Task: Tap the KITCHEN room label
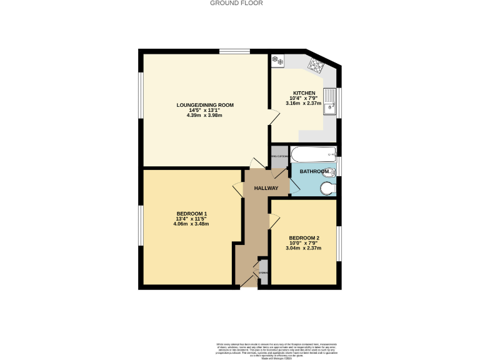304,93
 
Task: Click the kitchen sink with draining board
334,102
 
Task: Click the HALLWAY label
266,188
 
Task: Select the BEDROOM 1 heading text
191,214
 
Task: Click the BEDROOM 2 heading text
304,238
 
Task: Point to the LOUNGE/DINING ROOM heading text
205,105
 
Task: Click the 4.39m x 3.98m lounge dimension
205,116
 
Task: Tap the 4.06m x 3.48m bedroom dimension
191,224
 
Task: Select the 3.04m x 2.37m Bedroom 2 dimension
304,248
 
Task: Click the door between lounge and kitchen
274,116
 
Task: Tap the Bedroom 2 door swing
274,220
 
